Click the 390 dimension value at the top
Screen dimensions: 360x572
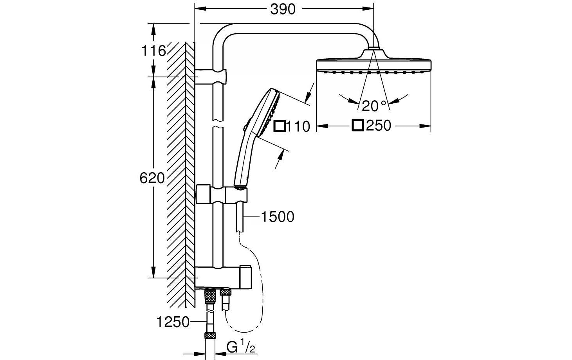tap(283, 9)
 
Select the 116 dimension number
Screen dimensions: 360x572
tap(153, 50)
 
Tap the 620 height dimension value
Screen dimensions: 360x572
tap(152, 178)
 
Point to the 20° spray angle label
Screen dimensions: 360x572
tap(374, 106)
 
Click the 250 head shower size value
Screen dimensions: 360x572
tap(379, 126)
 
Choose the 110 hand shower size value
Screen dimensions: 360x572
tap(298, 126)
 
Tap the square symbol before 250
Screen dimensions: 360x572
tap(358, 126)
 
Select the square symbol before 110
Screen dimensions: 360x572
tap(280, 126)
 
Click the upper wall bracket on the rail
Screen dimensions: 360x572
tap(211, 77)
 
